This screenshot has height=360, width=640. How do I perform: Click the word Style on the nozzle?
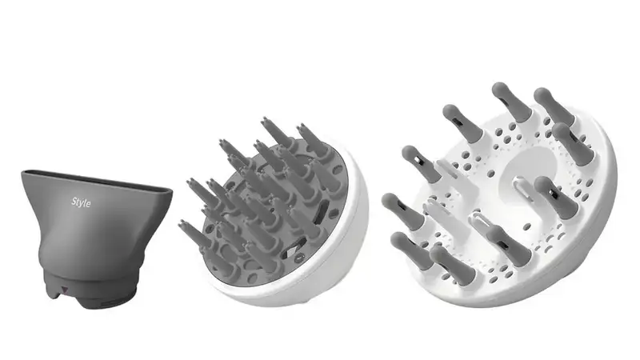click(82, 202)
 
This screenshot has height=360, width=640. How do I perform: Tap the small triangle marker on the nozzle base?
click(64, 290)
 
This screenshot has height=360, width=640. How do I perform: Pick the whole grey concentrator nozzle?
click(96, 238)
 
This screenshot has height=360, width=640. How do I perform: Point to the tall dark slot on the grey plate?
click(322, 210)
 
